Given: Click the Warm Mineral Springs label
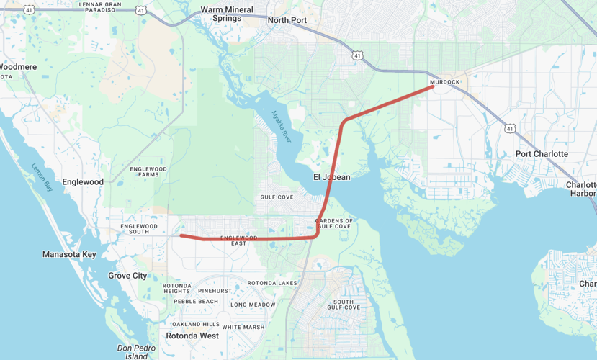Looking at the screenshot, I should (227, 14).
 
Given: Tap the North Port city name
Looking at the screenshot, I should (287, 20).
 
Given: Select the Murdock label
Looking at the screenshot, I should (444, 82).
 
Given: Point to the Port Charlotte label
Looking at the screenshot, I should (542, 154).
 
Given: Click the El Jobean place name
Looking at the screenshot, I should (331, 177).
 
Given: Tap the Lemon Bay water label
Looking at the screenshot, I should (42, 177).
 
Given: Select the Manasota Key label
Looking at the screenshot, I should (69, 254).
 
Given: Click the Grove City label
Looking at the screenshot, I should (127, 276).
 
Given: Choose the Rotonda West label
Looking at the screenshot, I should (192, 336).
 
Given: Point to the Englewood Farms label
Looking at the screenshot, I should (148, 171).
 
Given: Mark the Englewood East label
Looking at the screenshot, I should (238, 240).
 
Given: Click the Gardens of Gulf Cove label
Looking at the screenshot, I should (334, 223).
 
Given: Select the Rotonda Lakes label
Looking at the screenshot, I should (272, 283).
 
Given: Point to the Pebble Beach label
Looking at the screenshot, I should (195, 301).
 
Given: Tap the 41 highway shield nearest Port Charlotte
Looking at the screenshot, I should (510, 128).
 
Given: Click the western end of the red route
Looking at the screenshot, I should (181, 235).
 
